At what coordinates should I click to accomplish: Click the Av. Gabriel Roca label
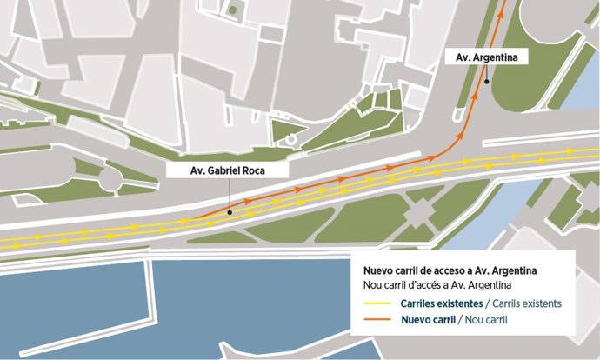(x=227, y=171)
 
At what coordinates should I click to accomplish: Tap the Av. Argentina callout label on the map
(x=487, y=57)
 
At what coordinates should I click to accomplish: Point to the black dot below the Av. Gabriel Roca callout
(x=229, y=210)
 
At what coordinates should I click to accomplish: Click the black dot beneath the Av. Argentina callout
(x=488, y=82)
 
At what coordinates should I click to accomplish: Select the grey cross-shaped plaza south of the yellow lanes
(x=418, y=211)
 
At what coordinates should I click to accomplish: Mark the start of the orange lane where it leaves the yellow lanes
(x=193, y=219)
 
